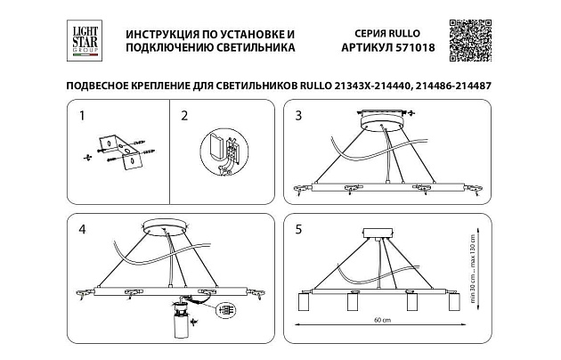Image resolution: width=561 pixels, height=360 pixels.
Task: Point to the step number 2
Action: pyautogui.click(x=183, y=115)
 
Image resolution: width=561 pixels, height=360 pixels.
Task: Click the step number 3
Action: pyautogui.click(x=299, y=115)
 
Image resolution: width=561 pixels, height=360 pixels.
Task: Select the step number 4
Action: pyautogui.click(x=81, y=229)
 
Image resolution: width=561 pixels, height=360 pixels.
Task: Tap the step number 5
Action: pyautogui.click(x=299, y=229)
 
